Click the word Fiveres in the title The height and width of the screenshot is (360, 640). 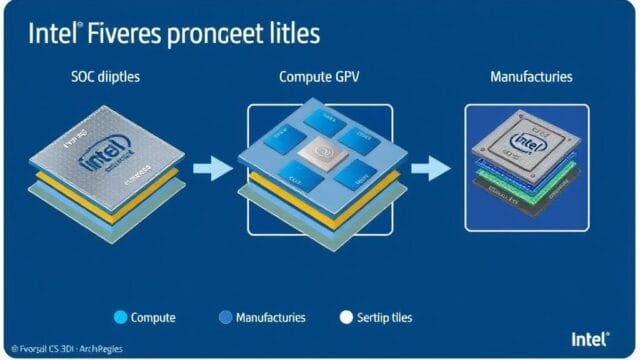tap(121, 34)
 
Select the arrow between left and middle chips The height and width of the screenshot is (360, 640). tap(211, 166)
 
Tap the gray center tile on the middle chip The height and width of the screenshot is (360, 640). tap(322, 154)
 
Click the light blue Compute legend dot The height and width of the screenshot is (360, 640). tap(121, 318)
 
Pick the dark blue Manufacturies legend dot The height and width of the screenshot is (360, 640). tap(225, 318)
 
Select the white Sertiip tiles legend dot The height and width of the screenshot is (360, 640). tap(347, 318)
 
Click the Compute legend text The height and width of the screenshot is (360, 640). tap(153, 318)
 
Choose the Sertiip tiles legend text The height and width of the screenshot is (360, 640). tap(386, 318)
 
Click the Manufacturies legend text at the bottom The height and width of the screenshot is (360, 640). tap(270, 318)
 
